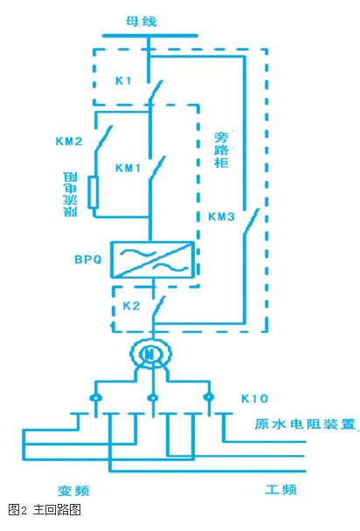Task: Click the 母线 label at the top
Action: tap(142, 22)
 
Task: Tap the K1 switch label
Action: tap(123, 80)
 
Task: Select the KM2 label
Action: tap(69, 141)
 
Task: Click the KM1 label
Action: tap(128, 168)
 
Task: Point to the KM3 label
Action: tap(221, 217)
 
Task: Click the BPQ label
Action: tap(88, 259)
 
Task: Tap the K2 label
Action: tap(131, 306)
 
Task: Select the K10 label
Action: tap(254, 398)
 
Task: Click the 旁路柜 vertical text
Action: tap(221, 149)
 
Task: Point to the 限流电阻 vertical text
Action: tap(70, 194)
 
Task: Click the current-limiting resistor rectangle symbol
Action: tap(93, 191)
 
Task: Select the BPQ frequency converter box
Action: tap(153, 259)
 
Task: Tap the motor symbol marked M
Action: tap(150, 355)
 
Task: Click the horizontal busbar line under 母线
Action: tap(150, 35)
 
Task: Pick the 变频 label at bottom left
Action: tap(73, 491)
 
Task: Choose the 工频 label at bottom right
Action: tap(280, 489)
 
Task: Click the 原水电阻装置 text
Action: tap(305, 424)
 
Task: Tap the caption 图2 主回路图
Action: tap(45, 509)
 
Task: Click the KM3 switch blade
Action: tap(252, 221)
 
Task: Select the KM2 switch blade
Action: tap(104, 139)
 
